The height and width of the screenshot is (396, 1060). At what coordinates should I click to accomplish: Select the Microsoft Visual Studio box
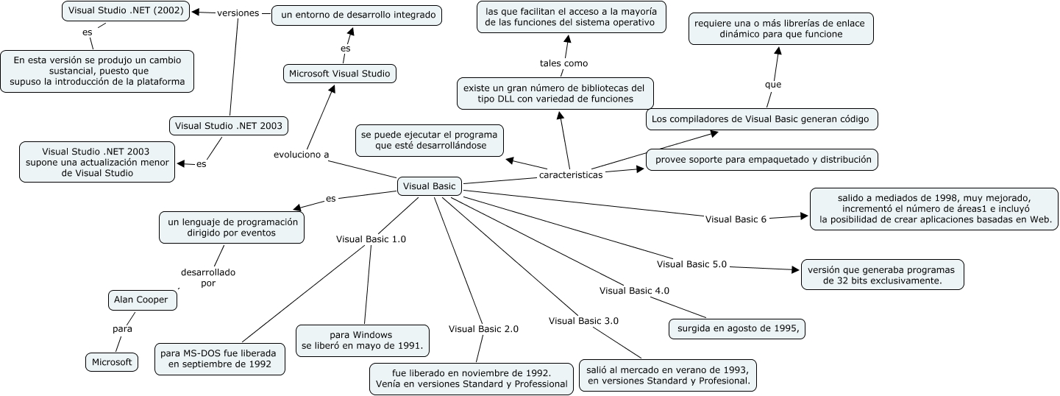point(340,74)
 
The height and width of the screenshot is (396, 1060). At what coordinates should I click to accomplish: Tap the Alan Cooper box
point(143,300)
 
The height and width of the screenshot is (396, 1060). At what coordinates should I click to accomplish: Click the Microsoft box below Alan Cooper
point(112,362)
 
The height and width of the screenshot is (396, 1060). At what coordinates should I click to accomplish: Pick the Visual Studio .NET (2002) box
point(125,11)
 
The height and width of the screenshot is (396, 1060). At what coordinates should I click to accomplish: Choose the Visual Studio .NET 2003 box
point(228,126)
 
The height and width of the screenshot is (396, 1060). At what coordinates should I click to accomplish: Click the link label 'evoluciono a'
point(301,155)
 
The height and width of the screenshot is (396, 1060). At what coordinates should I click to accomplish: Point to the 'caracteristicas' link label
point(571,175)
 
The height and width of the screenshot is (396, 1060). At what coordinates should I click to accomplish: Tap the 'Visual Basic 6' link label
point(736,219)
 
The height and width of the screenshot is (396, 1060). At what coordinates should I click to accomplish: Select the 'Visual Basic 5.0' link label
point(691,264)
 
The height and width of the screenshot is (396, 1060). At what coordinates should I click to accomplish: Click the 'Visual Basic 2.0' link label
point(483,329)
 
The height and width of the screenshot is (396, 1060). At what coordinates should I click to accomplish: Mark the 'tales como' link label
point(563,63)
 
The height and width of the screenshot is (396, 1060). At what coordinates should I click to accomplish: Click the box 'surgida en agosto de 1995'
point(737,328)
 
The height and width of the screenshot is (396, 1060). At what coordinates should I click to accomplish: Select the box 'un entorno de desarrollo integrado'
point(357,15)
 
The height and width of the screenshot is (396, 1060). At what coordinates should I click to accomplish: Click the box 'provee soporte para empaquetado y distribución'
point(762,159)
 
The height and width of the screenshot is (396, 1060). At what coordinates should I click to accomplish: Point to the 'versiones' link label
point(238,13)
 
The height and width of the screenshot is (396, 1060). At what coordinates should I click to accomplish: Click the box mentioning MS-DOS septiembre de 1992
point(220,358)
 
